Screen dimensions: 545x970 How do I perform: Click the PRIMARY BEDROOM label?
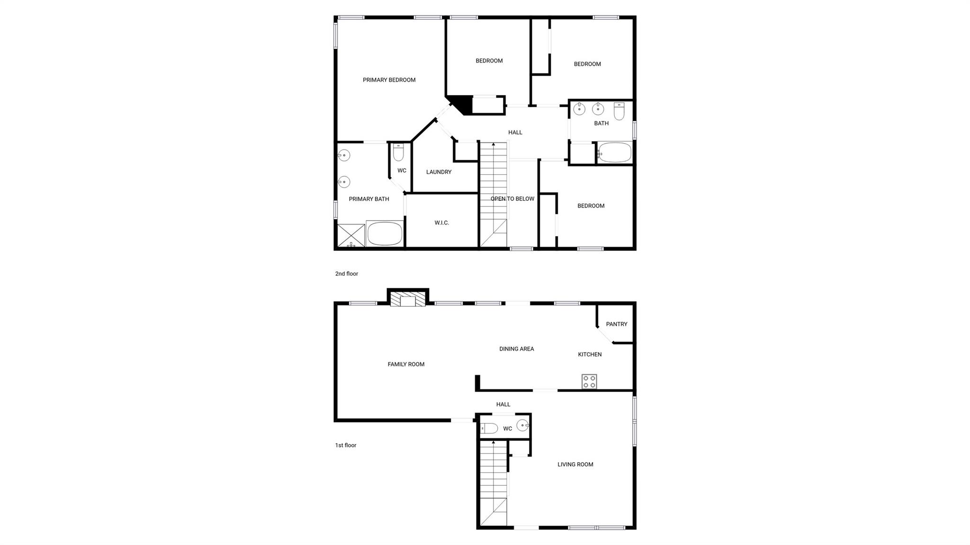pos(389,80)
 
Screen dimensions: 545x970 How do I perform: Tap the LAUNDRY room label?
pos(439,172)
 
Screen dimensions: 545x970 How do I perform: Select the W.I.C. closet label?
pos(441,223)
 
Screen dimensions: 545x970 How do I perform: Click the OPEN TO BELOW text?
pos(512,199)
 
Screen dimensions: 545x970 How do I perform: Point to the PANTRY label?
pos(616,324)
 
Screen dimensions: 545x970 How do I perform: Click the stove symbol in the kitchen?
pos(589,381)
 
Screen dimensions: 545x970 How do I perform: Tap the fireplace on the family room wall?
pos(408,300)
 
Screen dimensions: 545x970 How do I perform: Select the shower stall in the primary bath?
pos(351,235)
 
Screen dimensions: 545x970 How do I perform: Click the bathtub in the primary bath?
pos(385,234)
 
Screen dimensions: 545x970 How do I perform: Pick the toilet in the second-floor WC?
pos(398,153)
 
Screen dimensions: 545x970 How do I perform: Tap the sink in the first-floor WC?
pos(522,425)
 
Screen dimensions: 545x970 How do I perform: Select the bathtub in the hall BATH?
pos(615,153)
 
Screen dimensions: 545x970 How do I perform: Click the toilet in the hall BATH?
pos(619,111)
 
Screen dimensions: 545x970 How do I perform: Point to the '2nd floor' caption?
pos(347,274)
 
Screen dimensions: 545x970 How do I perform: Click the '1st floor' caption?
pos(346,445)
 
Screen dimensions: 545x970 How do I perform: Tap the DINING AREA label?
pos(516,349)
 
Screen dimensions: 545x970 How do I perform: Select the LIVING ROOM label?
pos(575,465)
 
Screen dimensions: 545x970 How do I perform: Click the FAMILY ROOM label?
pos(406,364)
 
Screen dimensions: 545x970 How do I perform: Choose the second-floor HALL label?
pos(515,133)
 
